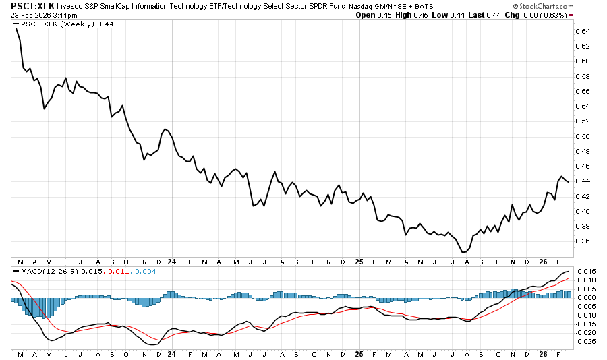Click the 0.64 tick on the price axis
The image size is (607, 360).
(583, 32)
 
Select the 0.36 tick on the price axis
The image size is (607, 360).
(583, 241)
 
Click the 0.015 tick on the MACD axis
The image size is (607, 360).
(585, 272)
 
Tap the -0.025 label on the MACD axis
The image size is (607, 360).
(586, 341)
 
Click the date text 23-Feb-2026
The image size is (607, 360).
(30, 15)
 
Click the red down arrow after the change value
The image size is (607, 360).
(571, 15)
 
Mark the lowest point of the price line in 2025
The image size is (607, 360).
(463, 252)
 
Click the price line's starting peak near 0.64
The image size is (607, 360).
(16, 28)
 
